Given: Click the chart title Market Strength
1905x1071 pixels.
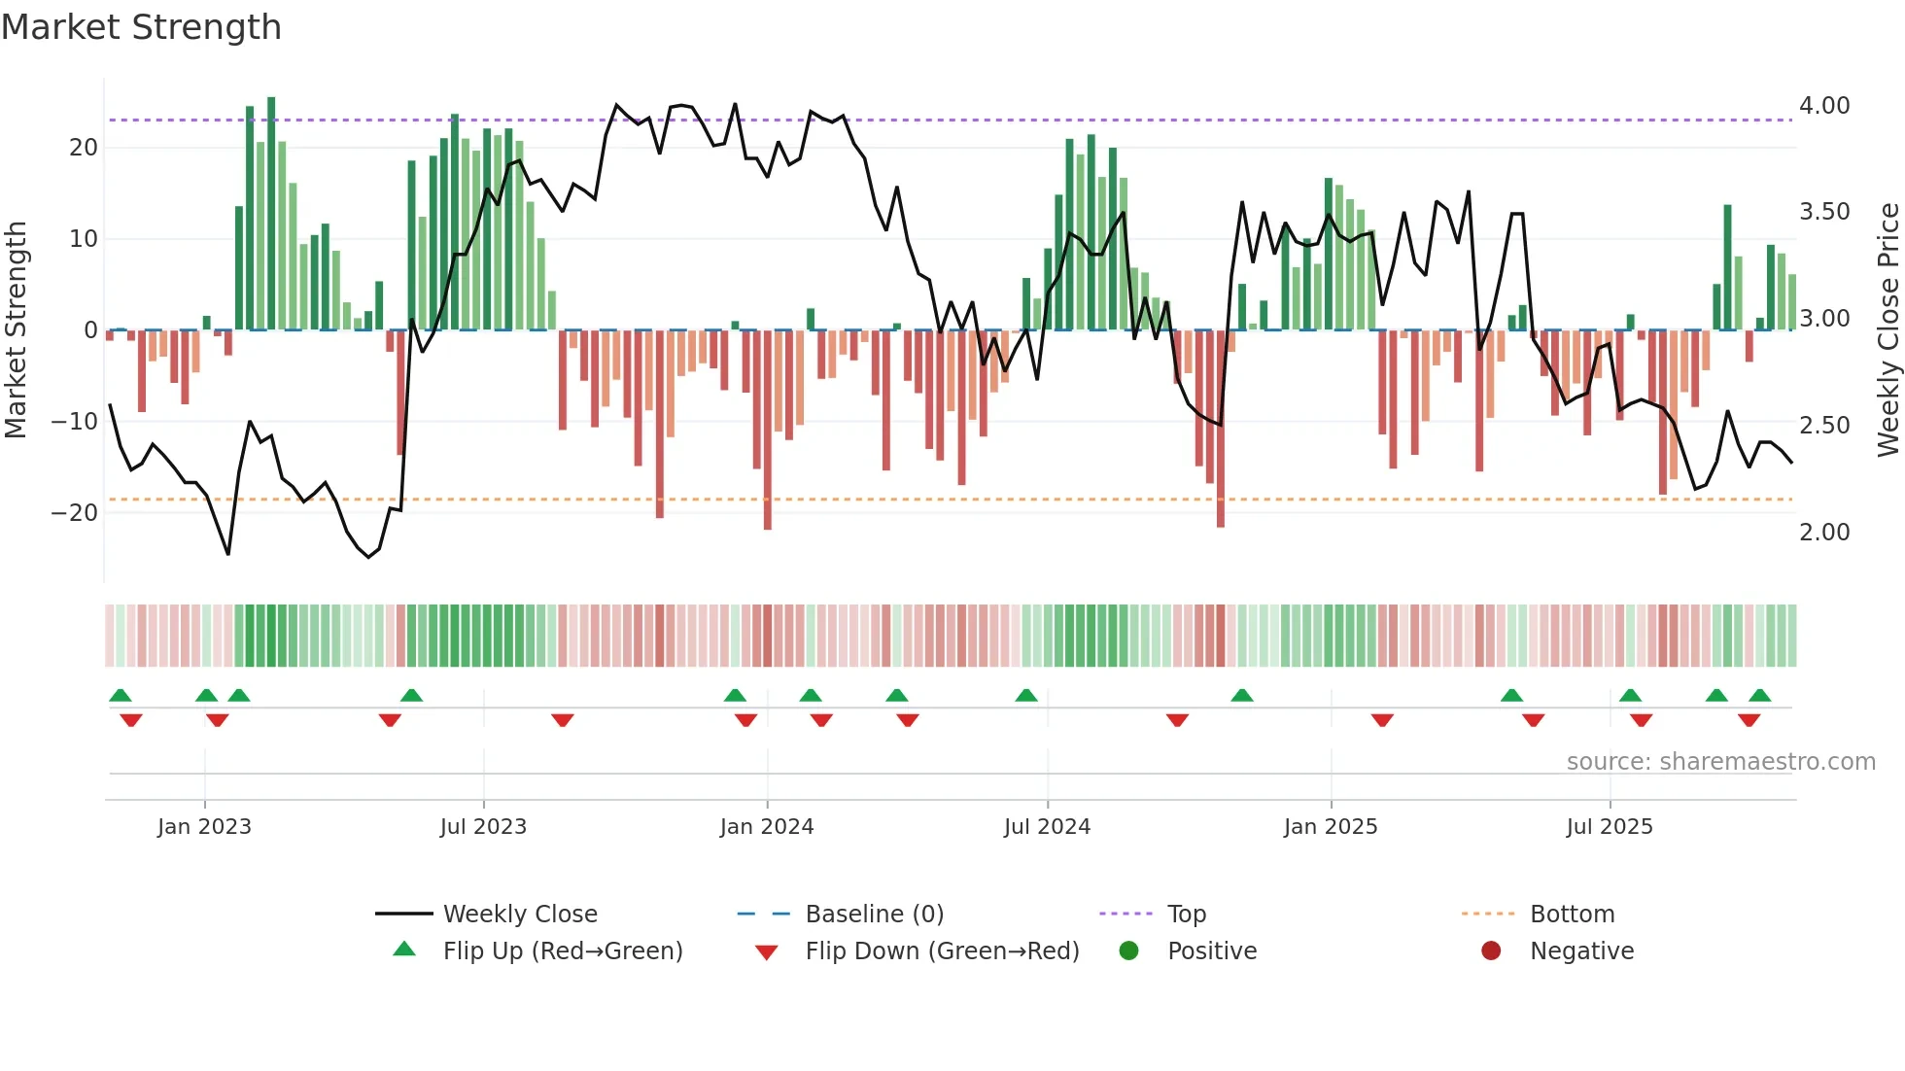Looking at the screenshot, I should coord(142,27).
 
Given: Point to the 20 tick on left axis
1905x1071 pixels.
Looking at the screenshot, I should coord(84,148).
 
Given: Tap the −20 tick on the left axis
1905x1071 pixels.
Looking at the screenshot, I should coord(75,512).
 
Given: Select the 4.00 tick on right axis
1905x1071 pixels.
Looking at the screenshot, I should coord(1824,106).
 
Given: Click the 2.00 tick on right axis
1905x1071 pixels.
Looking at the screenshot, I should coord(1824,533).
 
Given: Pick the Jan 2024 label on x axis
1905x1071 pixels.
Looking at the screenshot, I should coord(767,827).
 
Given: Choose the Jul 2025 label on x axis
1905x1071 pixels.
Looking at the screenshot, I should coord(1610,827).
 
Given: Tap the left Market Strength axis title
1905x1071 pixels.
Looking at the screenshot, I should coord(16,330).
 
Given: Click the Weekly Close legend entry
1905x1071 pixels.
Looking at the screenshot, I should coord(519,915).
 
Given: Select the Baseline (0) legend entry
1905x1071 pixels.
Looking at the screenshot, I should coord(874,915).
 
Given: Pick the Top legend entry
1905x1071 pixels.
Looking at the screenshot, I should coord(1186,915).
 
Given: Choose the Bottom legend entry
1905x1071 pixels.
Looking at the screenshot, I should coord(1572,915).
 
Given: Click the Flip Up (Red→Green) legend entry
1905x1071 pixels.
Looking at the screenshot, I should coord(562,951).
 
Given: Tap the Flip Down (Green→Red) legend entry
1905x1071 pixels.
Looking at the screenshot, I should coord(941,951).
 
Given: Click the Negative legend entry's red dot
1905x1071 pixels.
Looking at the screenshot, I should coord(1491,950).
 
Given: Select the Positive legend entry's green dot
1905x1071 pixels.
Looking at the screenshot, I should coord(1128,950).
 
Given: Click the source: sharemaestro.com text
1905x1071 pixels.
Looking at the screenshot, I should coord(1720,762).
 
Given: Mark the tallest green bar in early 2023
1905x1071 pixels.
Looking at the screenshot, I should coord(271,214).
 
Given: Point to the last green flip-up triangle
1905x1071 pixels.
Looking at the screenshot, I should coord(1759,696).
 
